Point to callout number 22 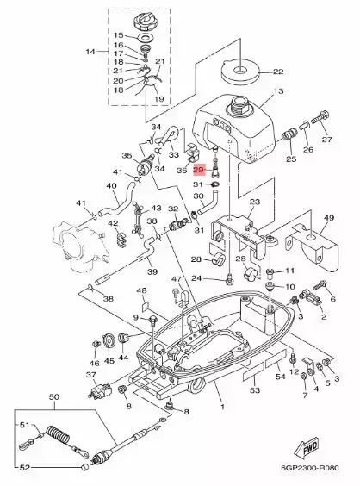click(278, 72)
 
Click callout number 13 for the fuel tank click(278, 91)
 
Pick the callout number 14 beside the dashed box click(90, 53)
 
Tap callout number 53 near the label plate click(254, 390)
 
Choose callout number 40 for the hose click(111, 185)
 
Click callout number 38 click(109, 298)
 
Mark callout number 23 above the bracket click(253, 202)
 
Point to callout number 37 click(90, 375)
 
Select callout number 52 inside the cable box click(24, 467)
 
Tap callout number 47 click(175, 280)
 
